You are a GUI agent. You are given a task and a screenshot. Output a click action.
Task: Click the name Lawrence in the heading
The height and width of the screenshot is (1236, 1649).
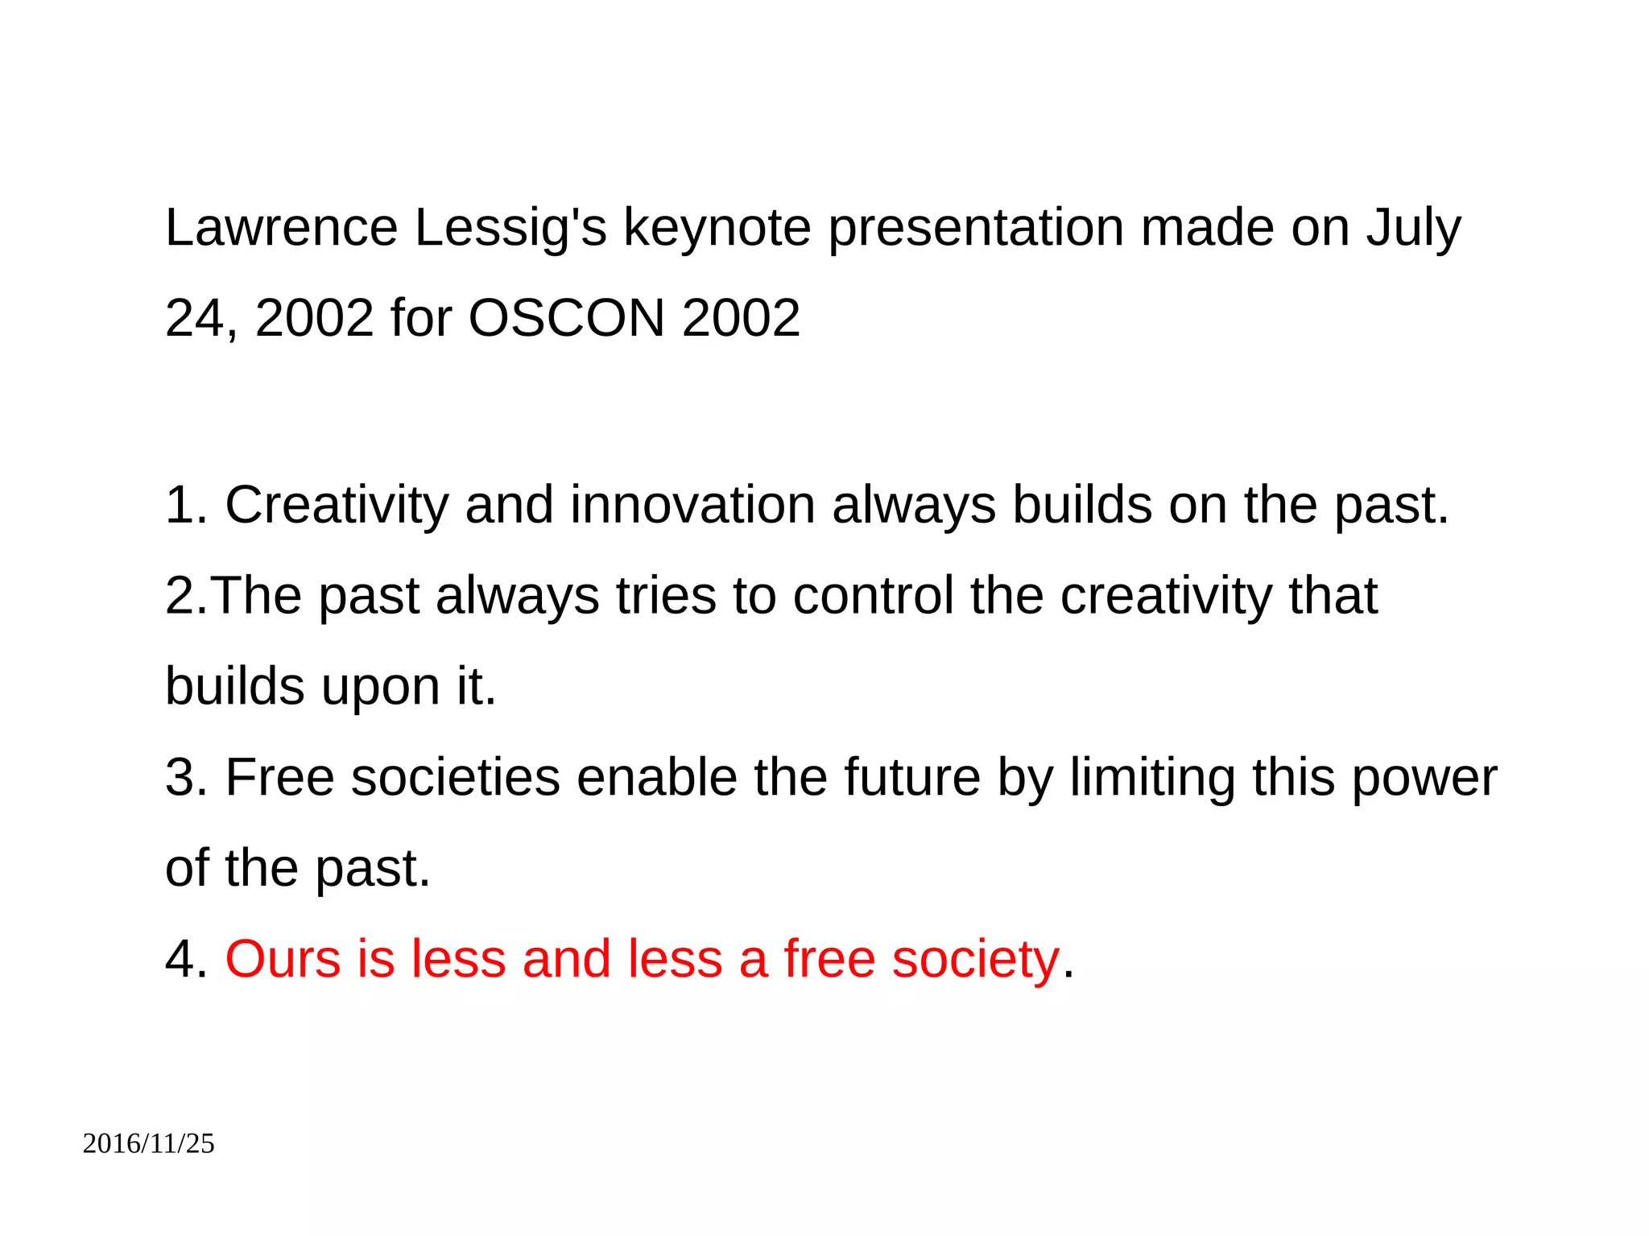pyautogui.click(x=281, y=228)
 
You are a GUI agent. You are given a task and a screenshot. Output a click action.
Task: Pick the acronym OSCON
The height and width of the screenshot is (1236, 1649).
pyautogui.click(x=567, y=318)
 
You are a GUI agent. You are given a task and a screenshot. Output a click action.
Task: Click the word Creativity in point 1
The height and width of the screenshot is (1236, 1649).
pyautogui.click(x=336, y=506)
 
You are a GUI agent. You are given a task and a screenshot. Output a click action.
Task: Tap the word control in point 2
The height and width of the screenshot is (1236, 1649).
pyautogui.click(x=873, y=597)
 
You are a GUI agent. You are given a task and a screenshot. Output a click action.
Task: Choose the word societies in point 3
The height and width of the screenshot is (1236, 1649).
pyautogui.click(x=456, y=779)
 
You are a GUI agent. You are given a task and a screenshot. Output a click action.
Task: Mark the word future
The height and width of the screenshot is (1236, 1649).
pyautogui.click(x=912, y=779)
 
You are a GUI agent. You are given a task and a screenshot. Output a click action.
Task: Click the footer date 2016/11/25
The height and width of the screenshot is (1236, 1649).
pyautogui.click(x=149, y=1143)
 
